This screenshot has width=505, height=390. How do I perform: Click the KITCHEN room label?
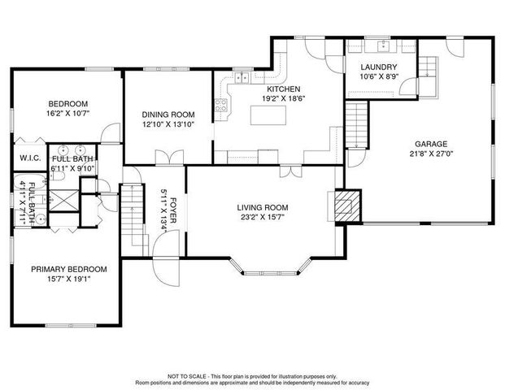pos(284,89)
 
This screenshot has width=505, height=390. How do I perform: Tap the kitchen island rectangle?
pos(268,115)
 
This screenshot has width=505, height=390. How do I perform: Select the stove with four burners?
pos(221,106)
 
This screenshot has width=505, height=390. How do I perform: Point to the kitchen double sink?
pos(242,77)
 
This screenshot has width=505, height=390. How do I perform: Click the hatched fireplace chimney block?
pos(347,206)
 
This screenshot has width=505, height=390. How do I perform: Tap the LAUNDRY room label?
pos(378,67)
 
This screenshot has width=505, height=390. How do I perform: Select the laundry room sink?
pos(384,45)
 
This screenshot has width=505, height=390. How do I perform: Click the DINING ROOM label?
pos(168,115)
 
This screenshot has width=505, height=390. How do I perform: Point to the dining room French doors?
pos(169,158)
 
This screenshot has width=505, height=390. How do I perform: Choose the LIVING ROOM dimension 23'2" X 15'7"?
pos(263,217)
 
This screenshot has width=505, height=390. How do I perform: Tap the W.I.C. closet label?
pos(30,158)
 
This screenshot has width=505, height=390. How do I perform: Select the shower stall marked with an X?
pos(63,201)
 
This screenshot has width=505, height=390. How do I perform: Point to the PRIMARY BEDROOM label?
pos(69,269)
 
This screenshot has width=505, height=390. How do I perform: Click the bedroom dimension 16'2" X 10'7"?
pos(67,114)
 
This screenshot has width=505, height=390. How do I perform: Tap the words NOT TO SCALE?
pos(186,376)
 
